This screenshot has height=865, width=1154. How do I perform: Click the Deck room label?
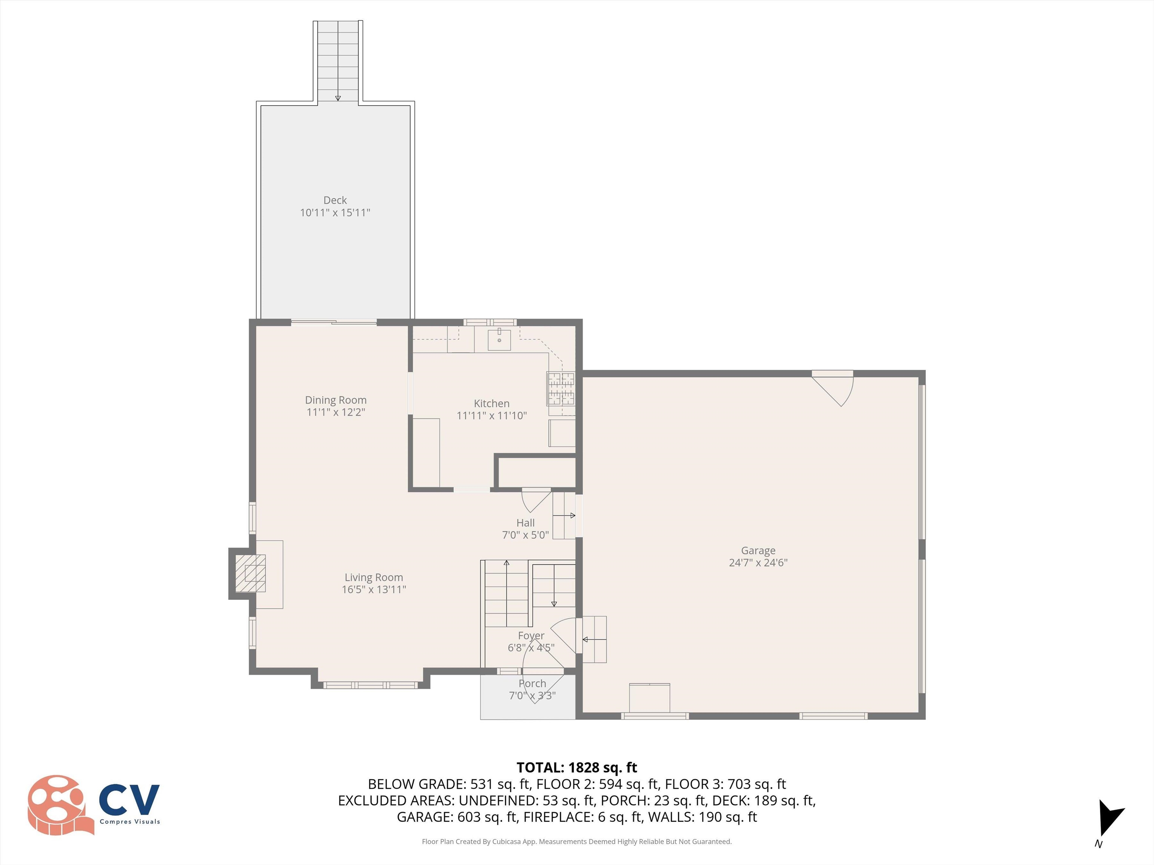(335, 200)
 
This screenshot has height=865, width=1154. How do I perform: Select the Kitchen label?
(491, 403)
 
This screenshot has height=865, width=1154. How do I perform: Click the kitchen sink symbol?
(499, 339)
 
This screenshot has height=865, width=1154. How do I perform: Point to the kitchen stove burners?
(561, 389)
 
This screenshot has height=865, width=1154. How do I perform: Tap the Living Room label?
(373, 577)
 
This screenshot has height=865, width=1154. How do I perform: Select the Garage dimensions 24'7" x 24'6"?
(758, 563)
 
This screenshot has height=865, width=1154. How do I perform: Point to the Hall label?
(526, 523)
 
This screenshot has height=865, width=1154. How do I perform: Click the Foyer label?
(531, 636)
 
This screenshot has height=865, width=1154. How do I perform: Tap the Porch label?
(532, 683)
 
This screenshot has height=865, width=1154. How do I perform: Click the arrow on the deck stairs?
(338, 98)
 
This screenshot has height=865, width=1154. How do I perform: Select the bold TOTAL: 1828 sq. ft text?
(577, 767)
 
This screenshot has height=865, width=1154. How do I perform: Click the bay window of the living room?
(370, 684)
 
